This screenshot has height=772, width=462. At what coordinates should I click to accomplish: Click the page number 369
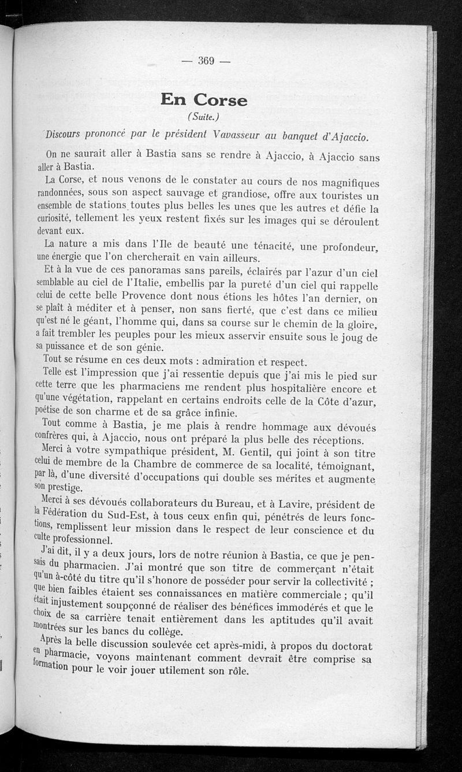pos(206,61)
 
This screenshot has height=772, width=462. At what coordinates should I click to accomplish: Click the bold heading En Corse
pos(204,100)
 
